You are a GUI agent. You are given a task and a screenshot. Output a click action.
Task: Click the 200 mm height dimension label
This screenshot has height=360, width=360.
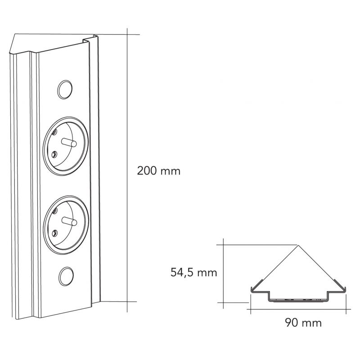click(x=158, y=171)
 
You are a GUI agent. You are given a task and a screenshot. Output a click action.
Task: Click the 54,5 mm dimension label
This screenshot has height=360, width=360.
click(x=193, y=272)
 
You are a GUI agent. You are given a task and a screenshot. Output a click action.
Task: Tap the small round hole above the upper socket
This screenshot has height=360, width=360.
click(x=65, y=88)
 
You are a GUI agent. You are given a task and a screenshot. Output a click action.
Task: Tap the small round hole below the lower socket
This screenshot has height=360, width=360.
click(x=66, y=274)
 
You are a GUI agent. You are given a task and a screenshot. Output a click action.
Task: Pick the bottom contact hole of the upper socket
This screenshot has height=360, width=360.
click(x=54, y=154)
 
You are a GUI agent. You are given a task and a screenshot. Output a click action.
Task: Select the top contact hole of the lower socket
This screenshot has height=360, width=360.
click(x=54, y=210)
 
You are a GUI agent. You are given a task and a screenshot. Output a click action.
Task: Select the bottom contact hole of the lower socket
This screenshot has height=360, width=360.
click(x=54, y=232)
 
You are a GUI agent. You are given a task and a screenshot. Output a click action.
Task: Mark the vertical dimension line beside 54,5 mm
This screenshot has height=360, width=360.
click(x=223, y=274)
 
